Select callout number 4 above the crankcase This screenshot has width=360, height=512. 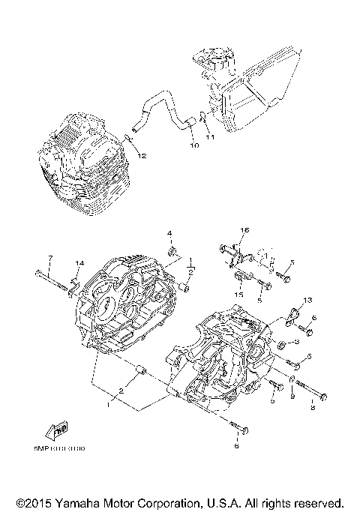coord(169,233)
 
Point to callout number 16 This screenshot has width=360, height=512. coord(244,229)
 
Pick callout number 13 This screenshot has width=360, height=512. coord(306,300)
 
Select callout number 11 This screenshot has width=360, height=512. coord(211,138)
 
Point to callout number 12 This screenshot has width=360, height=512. coord(141,155)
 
